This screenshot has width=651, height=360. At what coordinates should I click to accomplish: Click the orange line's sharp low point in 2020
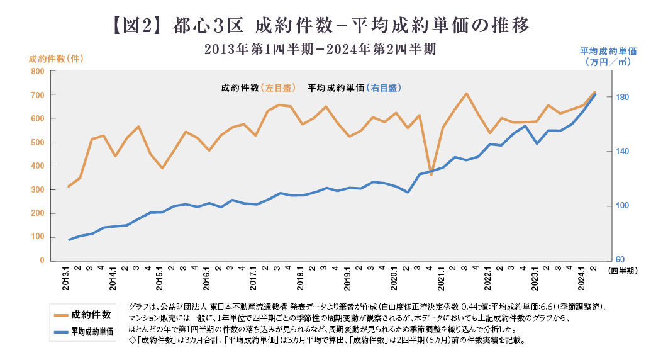(x=431, y=174)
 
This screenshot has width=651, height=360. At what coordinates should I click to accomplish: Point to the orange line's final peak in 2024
(x=593, y=92)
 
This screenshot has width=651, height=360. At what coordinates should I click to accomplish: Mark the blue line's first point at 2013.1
(x=69, y=240)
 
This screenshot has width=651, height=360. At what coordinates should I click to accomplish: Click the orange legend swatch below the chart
(x=60, y=315)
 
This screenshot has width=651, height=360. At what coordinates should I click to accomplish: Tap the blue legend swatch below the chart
(x=60, y=331)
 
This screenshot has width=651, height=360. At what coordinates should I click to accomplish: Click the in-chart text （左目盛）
(x=280, y=88)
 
